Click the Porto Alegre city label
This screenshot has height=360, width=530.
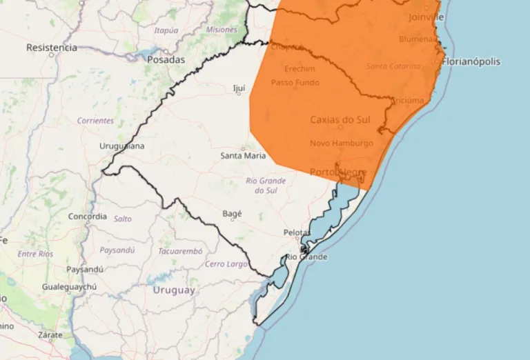click(338, 171)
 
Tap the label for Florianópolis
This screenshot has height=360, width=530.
click(471, 61)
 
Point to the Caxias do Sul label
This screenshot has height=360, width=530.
click(340, 119)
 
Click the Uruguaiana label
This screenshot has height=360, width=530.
click(122, 146)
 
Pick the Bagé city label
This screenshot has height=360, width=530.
click(232, 214)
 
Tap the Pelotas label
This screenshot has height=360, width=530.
click(297, 232)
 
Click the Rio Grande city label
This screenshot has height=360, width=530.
click(306, 257)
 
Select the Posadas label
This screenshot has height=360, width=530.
click(166, 59)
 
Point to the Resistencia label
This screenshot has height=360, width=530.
click(52, 48)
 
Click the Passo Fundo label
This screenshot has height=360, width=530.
click(295, 82)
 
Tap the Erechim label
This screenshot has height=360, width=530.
click(300, 69)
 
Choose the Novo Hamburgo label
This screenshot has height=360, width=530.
click(341, 143)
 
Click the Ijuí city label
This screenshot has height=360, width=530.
click(239, 88)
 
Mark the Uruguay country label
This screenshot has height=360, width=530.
click(174, 290)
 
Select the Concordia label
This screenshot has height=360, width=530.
click(88, 217)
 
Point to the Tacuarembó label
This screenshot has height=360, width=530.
click(180, 250)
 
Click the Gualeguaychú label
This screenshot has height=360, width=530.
click(69, 286)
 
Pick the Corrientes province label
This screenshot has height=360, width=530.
click(95, 121)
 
